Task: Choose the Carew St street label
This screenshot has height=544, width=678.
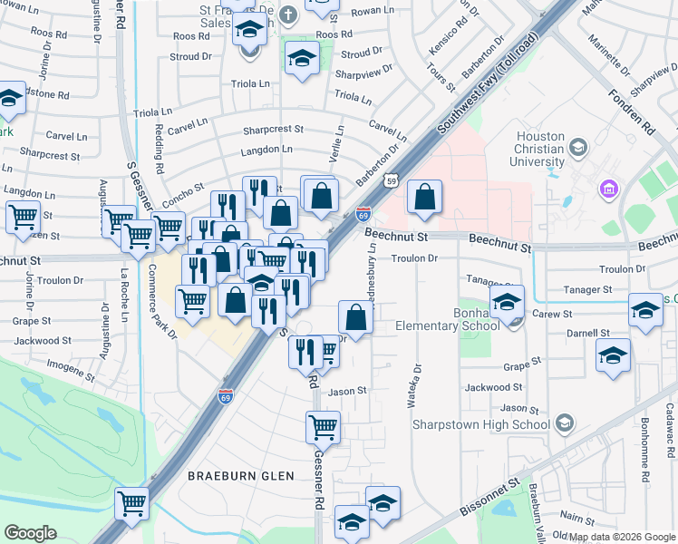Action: pyautogui.click(x=553, y=314)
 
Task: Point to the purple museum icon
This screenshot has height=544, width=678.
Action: pyautogui.click(x=607, y=189)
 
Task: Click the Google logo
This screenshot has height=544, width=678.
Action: pyautogui.click(x=30, y=533)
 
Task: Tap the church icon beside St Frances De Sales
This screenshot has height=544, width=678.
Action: pyautogui.click(x=288, y=15)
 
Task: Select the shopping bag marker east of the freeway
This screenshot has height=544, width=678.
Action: pyautogui.click(x=424, y=197)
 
